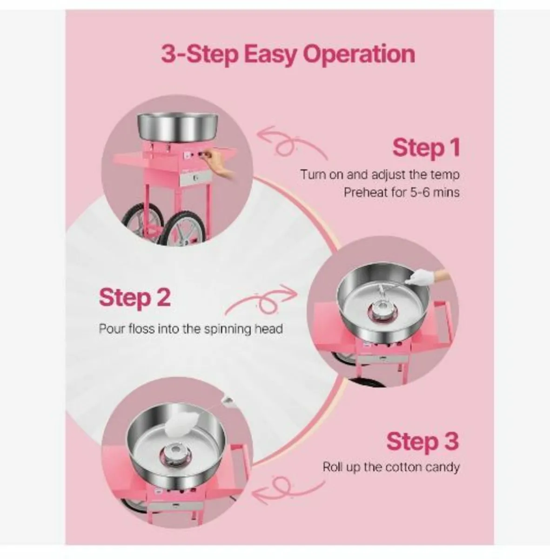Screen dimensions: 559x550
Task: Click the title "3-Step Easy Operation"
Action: tap(288, 54)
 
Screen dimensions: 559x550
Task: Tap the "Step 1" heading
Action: tap(426, 148)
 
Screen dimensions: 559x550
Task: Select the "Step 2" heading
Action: tap(135, 298)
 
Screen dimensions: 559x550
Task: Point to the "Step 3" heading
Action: tap(422, 441)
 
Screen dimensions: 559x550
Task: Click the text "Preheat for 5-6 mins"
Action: tap(401, 192)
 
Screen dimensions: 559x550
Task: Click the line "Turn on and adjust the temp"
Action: tap(379, 175)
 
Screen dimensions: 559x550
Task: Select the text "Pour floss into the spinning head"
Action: tap(191, 329)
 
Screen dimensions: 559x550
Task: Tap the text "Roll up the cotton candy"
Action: tap(391, 467)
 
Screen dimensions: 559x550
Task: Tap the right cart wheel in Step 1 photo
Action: tap(184, 228)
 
